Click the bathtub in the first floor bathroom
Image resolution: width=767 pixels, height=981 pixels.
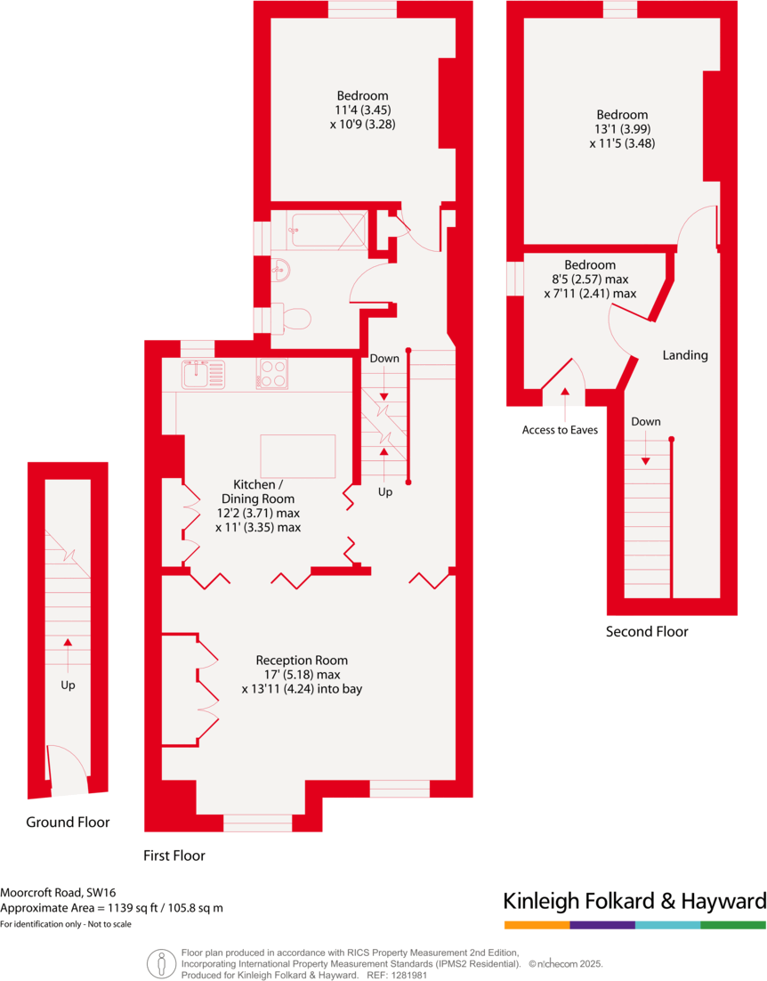[x=327, y=231]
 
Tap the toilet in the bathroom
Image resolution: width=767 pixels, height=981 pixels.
[x=293, y=318]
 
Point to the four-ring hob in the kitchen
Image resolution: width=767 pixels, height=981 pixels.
[x=272, y=374]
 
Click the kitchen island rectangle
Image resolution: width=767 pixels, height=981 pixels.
[x=297, y=456]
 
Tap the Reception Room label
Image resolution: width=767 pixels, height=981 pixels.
[x=302, y=661]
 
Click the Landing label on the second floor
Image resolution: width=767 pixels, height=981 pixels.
[x=685, y=355]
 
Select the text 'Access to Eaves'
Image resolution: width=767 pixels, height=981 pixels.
[x=560, y=430]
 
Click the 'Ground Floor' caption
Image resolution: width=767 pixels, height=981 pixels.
[x=68, y=823]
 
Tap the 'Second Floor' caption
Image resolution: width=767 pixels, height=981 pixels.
[x=647, y=632]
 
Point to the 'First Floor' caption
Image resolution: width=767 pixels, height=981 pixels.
[x=174, y=856]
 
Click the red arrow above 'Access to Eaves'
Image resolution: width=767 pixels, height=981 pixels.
[x=565, y=392]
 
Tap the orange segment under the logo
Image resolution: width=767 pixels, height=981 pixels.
[x=537, y=926]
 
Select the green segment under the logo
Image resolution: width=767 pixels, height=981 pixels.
[x=733, y=926]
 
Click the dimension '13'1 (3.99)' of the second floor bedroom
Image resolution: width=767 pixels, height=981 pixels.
[x=622, y=129]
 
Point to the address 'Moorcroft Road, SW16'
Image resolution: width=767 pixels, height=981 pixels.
[x=58, y=892]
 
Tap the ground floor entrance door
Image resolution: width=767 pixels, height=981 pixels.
[x=67, y=770]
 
